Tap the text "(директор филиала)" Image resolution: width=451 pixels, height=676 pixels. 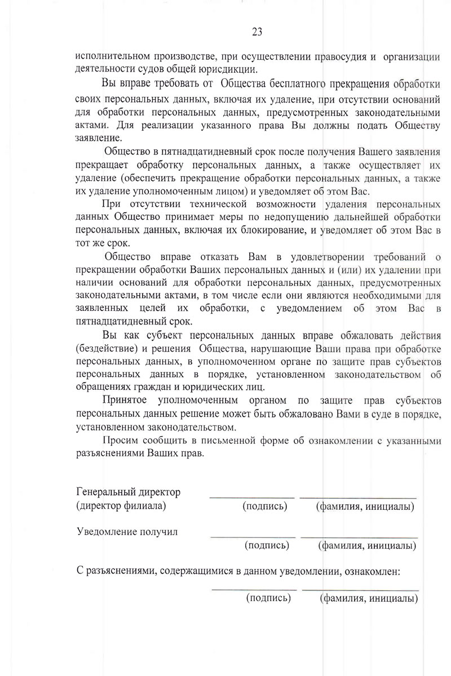click(121, 506)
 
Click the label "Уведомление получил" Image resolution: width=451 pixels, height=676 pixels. click(127, 532)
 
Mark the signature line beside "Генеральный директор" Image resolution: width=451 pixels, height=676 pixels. click(252, 497)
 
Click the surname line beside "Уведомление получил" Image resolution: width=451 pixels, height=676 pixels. click(359, 536)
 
